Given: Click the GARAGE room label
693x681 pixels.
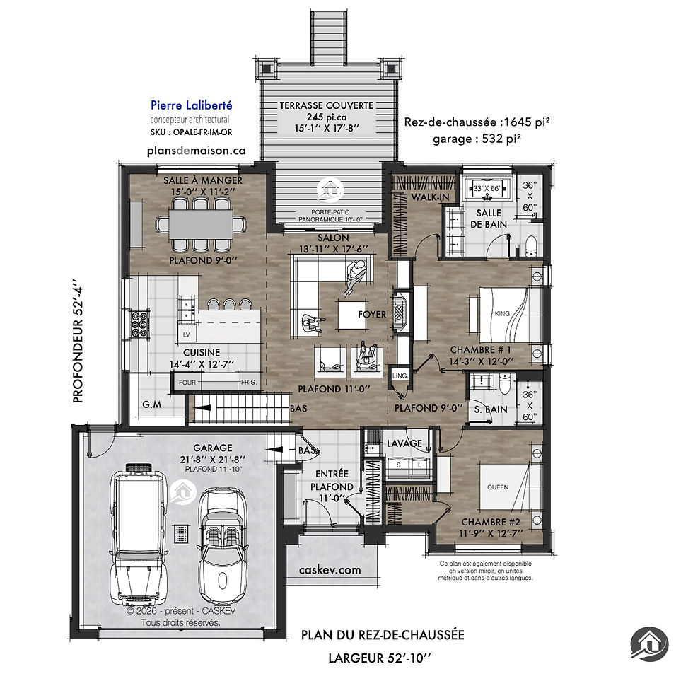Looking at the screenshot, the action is pos(213,448).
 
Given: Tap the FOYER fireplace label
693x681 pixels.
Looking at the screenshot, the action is pos(372,314).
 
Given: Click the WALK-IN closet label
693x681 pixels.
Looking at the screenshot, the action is pos(430,197).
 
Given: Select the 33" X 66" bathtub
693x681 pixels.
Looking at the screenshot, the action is pos(487,188).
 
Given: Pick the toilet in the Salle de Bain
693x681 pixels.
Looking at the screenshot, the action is pos(531,247).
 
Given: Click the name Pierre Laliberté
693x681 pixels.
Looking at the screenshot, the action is pos(192,105).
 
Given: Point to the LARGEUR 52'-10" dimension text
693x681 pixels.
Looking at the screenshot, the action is pos(379,658).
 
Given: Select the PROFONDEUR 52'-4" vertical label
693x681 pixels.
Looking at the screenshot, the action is pos(78,341).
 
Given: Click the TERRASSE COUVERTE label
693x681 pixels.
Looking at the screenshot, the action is pos(327,105).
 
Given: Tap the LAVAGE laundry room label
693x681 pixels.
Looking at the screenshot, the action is pos(404,443).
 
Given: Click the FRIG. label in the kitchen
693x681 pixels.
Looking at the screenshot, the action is pos(249,383).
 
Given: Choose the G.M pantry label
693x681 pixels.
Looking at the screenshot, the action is pos(152,404).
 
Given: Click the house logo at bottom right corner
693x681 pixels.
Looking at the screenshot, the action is pos(649,644).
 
